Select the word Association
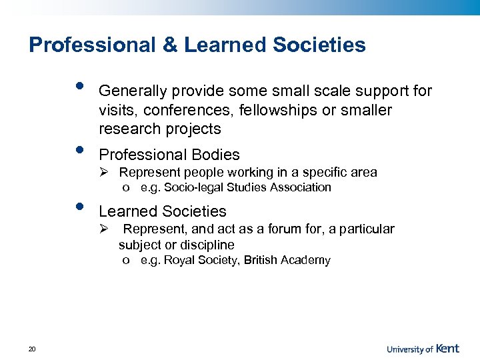(x=300, y=187)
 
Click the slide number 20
(x=32, y=348)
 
